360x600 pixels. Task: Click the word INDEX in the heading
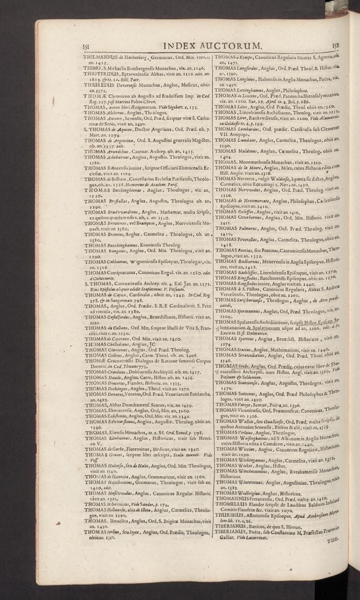180,45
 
